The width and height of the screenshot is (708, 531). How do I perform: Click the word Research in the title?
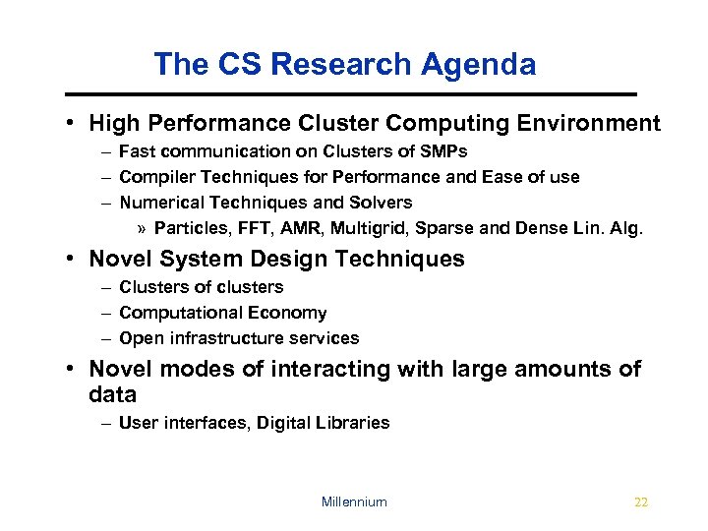click(x=344, y=65)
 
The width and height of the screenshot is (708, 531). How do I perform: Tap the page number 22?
click(x=641, y=501)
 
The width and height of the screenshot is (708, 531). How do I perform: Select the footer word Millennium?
click(x=354, y=501)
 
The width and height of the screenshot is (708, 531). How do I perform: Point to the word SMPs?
click(x=443, y=151)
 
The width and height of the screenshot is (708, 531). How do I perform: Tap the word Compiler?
click(x=152, y=177)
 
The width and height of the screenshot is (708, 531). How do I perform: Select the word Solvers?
click(x=380, y=203)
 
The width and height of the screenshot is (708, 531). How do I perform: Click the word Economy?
click(x=289, y=313)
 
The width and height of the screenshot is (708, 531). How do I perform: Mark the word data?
click(x=112, y=395)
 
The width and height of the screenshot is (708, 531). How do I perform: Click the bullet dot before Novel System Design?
click(x=73, y=260)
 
